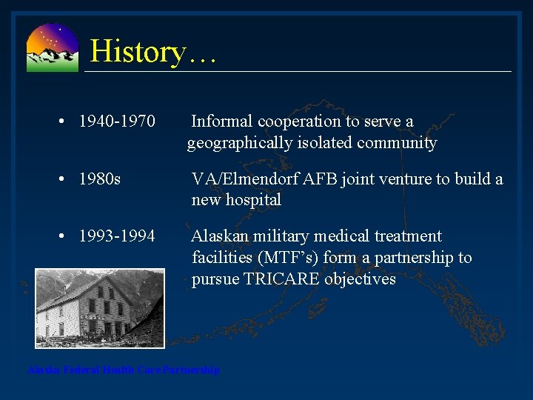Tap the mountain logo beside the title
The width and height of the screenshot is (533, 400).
52,47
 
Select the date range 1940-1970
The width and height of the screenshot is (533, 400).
117,121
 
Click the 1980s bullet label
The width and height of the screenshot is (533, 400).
100,179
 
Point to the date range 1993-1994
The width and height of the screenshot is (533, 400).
117,236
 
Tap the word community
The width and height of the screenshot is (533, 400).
397,142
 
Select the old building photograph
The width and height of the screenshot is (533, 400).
99,308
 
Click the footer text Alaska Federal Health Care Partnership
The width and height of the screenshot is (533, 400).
123,370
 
